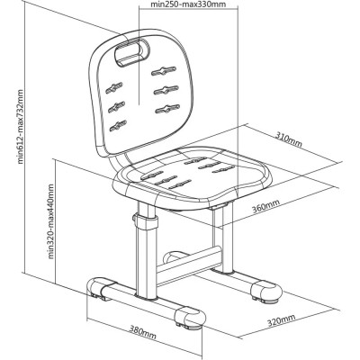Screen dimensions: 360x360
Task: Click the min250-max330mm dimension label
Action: point(187,4)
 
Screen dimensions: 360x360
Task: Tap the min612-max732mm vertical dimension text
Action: point(21,126)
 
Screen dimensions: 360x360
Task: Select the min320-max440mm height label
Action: point(50,221)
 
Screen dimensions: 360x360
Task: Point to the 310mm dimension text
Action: point(289,140)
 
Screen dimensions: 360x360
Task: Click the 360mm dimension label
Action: point(265,206)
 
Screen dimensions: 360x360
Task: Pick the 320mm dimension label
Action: point(281,320)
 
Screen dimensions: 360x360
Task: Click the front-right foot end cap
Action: point(190,318)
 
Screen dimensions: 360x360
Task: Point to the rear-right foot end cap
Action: point(266,291)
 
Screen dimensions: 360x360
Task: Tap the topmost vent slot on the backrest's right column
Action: point(164,70)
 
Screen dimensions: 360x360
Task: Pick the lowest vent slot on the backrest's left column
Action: point(118,125)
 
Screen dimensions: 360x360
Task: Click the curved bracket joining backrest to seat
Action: point(120,162)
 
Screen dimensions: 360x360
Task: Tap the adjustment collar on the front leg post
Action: point(147,221)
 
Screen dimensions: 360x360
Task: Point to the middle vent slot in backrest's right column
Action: point(166,90)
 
